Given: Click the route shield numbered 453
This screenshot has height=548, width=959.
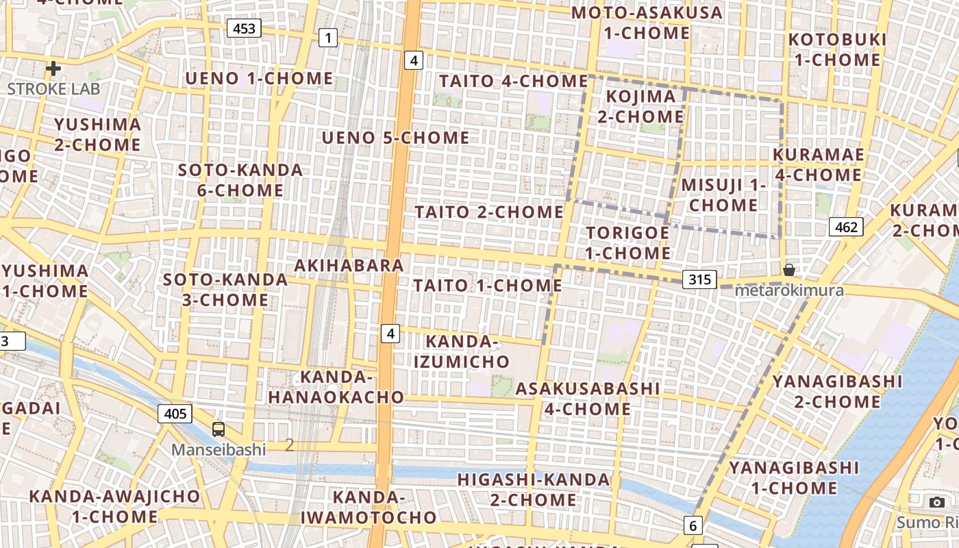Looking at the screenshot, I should [x=244, y=28].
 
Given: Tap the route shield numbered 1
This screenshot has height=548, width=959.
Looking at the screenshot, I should [x=328, y=38].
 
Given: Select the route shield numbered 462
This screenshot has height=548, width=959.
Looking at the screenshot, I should [x=846, y=227].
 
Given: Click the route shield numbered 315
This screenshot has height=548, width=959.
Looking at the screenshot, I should [x=699, y=279].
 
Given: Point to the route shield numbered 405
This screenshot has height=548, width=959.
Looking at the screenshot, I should [x=175, y=413].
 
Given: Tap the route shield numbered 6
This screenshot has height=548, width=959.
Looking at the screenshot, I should [x=693, y=525].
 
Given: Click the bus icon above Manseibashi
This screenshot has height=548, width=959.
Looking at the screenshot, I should [x=219, y=429].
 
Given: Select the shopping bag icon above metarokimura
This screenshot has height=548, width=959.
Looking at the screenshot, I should [x=789, y=270].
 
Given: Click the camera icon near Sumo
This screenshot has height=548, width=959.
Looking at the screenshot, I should [x=938, y=502].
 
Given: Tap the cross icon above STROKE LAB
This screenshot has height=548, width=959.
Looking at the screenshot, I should [x=53, y=68].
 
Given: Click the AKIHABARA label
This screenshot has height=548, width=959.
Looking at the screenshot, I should [x=349, y=265].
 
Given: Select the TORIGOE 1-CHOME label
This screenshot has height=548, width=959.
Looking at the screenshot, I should [x=628, y=242].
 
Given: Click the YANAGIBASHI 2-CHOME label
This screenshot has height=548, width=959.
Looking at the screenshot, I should [x=837, y=390].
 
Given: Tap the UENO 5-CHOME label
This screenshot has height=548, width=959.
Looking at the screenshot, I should [x=396, y=138].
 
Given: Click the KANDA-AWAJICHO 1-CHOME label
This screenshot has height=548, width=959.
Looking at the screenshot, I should [x=114, y=506].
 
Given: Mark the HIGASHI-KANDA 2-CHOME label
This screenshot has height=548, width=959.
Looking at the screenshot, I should [x=534, y=489].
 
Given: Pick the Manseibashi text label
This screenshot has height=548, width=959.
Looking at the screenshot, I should [x=219, y=449].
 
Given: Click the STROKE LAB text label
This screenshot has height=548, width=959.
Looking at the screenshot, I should [x=53, y=88].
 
